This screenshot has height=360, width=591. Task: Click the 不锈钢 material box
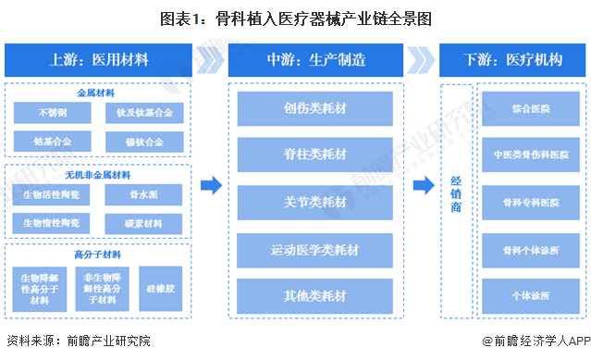coord(52,114)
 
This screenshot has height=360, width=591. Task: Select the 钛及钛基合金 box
coord(144,114)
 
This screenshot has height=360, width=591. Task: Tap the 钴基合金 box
coord(52,142)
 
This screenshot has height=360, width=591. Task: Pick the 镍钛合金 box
coord(144,142)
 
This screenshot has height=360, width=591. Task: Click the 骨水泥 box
coord(144,194)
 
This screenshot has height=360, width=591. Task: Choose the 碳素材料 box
coord(144,223)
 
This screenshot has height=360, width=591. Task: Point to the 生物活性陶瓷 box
coord(52,194)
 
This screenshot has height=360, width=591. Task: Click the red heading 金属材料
coord(97,93)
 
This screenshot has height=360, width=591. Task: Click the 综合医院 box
coord(530,108)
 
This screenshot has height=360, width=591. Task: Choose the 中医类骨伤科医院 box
coord(530,155)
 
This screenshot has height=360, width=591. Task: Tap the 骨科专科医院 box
coord(530,202)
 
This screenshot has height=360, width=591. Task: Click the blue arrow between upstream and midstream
coord(212,186)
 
